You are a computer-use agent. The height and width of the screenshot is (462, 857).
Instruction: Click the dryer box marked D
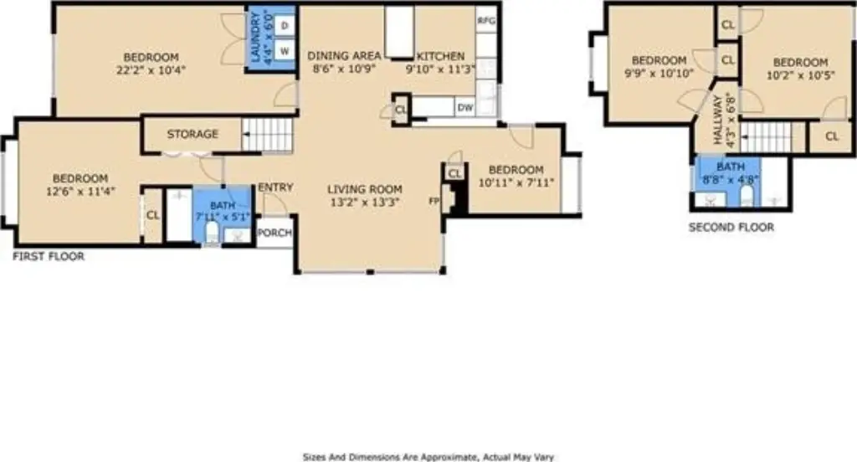[285, 25]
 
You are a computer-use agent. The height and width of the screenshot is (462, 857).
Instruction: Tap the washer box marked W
[285, 51]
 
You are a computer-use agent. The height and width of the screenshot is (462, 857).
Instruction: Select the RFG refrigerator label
[486, 21]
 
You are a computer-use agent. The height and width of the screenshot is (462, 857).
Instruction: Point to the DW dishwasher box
[465, 108]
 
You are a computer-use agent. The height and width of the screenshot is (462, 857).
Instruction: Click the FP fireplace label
[434, 201]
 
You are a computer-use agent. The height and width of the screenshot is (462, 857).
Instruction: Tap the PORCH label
[275, 233]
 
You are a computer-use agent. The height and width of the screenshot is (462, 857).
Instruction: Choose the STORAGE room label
[192, 134]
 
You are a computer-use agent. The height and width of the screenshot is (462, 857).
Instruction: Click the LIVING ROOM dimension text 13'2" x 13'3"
[365, 202]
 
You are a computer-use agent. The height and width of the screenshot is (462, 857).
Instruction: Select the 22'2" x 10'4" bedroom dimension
[151, 70]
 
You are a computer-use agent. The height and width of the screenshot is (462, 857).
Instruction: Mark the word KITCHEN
[440, 56]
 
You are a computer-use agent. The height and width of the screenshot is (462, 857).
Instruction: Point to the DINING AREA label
[344, 56]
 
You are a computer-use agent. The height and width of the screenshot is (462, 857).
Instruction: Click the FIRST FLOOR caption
[49, 256]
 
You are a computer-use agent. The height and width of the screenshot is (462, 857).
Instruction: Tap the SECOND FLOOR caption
[731, 228]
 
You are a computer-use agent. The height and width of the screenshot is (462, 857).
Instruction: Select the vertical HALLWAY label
[718, 120]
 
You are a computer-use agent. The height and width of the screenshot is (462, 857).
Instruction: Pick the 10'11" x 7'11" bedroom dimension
[516, 182]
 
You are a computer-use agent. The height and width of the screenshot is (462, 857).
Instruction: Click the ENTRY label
[275, 187]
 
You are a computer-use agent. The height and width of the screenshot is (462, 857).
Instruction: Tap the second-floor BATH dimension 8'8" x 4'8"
[731, 179]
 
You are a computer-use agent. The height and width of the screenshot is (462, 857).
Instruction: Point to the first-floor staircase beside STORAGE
[267, 135]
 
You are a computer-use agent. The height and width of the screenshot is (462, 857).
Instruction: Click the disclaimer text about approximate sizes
[428, 457]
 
